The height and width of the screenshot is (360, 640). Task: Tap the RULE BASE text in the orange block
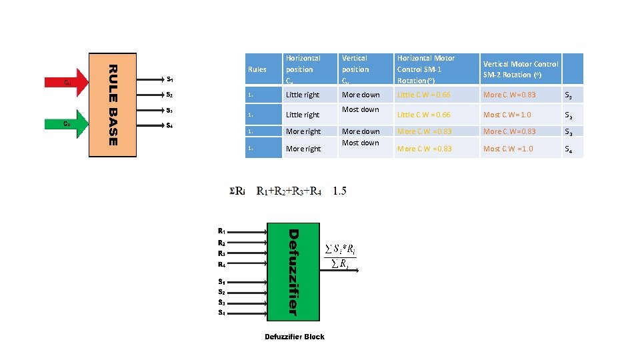[113, 105]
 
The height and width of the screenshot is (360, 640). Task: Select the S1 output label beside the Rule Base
[170, 79]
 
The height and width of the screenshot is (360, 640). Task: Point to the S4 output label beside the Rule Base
[170, 125]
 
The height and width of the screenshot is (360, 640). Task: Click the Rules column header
[257, 69]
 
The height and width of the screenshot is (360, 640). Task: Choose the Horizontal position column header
[303, 69]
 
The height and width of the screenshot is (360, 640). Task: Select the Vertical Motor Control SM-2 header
[520, 69]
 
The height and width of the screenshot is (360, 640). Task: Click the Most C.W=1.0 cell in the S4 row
[508, 149]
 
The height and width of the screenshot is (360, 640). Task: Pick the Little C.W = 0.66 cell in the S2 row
[423, 115]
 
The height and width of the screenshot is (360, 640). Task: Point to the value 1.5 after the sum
[339, 191]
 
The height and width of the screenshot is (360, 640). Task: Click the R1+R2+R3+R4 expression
[289, 192]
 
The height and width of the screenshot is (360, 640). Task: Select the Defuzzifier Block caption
[294, 337]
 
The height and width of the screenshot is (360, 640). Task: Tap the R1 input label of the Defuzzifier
[221, 232]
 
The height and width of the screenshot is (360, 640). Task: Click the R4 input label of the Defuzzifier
[221, 265]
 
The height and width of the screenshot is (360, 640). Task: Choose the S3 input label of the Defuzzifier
[221, 302]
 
